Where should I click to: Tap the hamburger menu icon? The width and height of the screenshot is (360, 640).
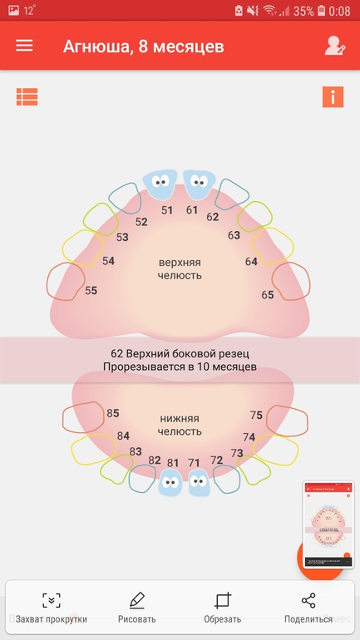coord(24,46)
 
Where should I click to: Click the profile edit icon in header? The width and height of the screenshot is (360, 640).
coord(335,46)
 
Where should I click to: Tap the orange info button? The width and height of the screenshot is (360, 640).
coord(333,97)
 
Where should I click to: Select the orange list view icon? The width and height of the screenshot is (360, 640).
coord(27,97)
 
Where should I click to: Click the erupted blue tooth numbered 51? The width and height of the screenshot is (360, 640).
coord(160,185)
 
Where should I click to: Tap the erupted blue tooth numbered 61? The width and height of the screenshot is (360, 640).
coord(199,185)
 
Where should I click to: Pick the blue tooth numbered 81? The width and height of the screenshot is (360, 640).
coord(170,482)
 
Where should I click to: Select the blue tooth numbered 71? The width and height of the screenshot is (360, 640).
coord(199,482)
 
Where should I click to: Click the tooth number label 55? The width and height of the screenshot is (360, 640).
coord(91,291)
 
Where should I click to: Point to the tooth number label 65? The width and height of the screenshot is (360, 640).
coord(268,295)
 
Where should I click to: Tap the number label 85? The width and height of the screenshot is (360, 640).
coord(112,413)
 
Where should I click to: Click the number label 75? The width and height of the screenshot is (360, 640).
coord(256,415)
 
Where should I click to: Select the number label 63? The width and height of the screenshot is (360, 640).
coord(234,235)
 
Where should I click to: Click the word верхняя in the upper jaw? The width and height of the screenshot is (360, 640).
coord(180,262)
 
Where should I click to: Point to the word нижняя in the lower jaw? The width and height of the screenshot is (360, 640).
coord(180,419)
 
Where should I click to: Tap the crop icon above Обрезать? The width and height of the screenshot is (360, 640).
coord(223,600)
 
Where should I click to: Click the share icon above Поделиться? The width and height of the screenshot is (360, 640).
coord(308,600)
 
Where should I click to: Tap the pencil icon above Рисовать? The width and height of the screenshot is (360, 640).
coord(136,600)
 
